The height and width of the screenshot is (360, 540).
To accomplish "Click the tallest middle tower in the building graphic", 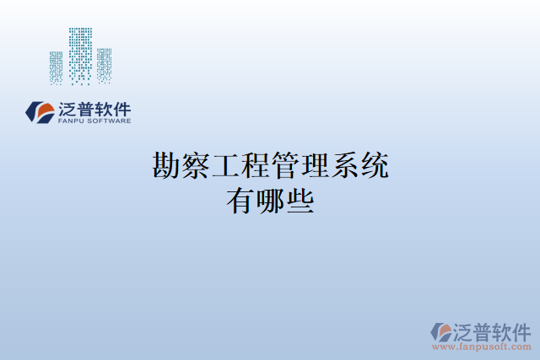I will pyautogui.click(x=80, y=55).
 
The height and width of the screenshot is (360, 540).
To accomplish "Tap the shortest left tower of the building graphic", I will pyautogui.click(x=57, y=67).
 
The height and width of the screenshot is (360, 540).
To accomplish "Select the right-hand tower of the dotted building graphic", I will pyautogui.click(x=104, y=65).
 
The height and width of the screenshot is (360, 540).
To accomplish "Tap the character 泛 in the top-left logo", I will pyautogui.click(x=68, y=109).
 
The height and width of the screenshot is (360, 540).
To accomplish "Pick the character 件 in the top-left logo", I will pyautogui.click(x=121, y=109).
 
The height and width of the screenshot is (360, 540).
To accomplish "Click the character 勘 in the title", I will pyautogui.click(x=166, y=166).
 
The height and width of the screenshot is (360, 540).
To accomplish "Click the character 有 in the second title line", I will pyautogui.click(x=240, y=200).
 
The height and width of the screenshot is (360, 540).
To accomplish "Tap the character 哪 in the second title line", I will pyautogui.click(x=270, y=200).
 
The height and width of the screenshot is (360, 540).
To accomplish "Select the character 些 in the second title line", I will pyautogui.click(x=300, y=200).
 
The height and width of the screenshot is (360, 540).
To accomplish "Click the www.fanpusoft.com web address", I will pyautogui.click(x=482, y=347).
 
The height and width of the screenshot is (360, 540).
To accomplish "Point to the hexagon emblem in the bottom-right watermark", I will pyautogui.click(x=441, y=331).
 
